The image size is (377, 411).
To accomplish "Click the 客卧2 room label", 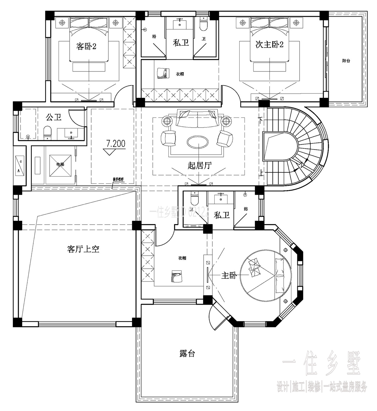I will pyautogui.click(x=86, y=46).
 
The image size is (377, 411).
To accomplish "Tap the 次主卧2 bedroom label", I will pyautogui.click(x=269, y=44).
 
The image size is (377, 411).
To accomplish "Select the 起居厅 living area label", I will pyautogui.click(x=200, y=165).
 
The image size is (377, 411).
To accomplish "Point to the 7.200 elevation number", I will pyautogui.click(x=116, y=143).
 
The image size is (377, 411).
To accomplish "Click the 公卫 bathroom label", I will pyautogui.click(x=54, y=117).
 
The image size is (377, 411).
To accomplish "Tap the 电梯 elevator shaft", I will pyautogui.click(x=60, y=165).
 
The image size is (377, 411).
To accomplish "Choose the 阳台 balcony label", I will pyautogui.click(x=346, y=61).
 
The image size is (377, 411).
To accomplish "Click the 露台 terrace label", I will pyautogui.click(x=187, y=353).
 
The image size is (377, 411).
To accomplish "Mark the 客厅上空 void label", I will pyautogui.click(x=83, y=249).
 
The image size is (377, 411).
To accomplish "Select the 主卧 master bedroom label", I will pyautogui.click(x=229, y=275).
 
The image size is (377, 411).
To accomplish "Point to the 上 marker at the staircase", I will pyautogui.click(x=262, y=173).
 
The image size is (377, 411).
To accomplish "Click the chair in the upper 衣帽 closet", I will pyautogui.click(x=162, y=73).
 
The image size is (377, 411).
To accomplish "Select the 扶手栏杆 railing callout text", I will pyautogui.click(x=118, y=179).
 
